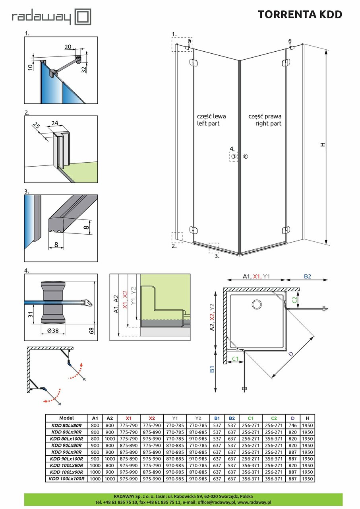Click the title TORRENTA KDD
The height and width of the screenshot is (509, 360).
(x=300, y=15)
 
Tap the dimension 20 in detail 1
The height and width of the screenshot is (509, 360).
(x=68, y=47)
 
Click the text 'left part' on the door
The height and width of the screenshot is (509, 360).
(x=208, y=124)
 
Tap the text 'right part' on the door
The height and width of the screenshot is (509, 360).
(x=268, y=124)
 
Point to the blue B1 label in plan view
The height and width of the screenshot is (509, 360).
(x=212, y=369)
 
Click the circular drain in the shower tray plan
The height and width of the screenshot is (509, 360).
(x=257, y=305)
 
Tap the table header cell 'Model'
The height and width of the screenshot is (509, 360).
(x=66, y=418)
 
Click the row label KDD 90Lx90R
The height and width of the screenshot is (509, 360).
(x=66, y=452)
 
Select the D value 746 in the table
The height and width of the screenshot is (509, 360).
(x=292, y=425)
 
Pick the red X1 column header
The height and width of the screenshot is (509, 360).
(x=128, y=418)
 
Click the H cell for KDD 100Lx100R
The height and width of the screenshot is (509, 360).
(x=308, y=479)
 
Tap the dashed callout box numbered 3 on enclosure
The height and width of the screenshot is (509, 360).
(x=214, y=248)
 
